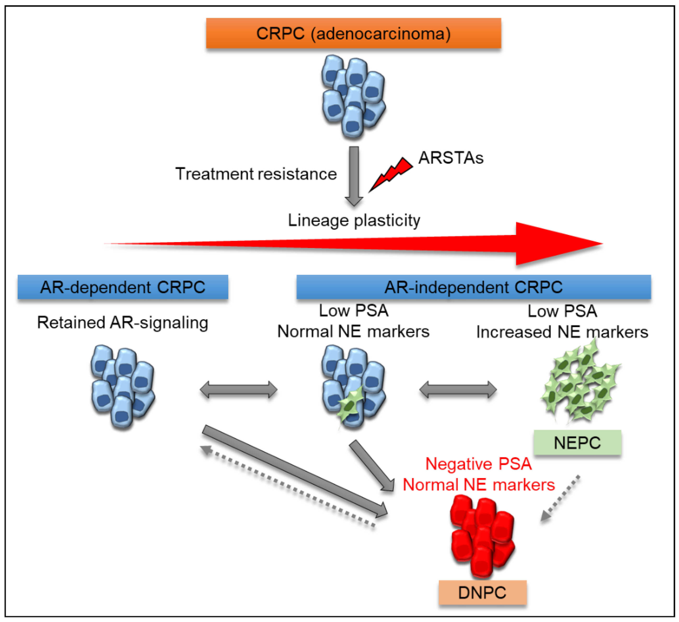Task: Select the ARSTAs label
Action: [451, 158]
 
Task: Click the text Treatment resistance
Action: [256, 174]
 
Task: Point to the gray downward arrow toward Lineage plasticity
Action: [354, 176]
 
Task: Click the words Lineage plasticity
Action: [354, 220]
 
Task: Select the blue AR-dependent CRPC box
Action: [123, 287]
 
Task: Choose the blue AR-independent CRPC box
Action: [474, 287]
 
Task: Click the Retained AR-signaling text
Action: [123, 322]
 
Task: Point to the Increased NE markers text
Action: [562, 332]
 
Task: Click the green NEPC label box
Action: [577, 443]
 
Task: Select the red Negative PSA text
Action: [479, 464]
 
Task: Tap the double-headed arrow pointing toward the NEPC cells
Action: [458, 390]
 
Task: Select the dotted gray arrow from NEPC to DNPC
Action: [560, 498]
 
